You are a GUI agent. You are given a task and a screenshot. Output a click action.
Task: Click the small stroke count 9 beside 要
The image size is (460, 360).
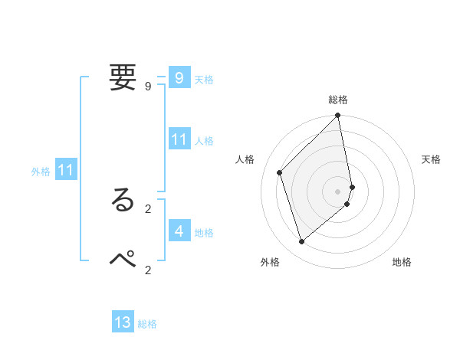[147, 87]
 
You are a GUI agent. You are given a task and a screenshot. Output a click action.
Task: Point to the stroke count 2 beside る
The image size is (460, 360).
[147, 208]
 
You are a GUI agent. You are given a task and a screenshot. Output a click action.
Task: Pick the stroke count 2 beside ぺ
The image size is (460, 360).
[147, 270]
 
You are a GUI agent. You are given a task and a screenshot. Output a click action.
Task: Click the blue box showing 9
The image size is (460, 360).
[179, 78]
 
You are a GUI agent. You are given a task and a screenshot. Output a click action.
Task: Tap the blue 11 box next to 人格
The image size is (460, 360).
[179, 139]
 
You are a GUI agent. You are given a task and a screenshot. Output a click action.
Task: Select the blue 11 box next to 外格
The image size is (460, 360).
[66, 171]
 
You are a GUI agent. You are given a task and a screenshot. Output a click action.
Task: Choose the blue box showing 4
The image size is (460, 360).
[179, 231]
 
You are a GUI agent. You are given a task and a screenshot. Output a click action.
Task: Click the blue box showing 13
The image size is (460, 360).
[123, 322]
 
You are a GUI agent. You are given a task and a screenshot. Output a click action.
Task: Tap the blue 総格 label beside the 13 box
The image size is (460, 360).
[147, 324]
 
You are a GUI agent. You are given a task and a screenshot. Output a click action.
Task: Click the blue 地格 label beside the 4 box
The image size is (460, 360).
[204, 233]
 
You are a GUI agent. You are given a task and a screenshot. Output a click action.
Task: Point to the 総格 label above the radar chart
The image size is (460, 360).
[338, 100]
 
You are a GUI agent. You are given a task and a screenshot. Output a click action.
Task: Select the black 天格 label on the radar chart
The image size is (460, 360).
[431, 159]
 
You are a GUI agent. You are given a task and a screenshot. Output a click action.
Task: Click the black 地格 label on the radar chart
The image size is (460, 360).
[402, 262]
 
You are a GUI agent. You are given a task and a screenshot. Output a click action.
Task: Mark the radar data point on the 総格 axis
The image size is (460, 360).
[338, 116]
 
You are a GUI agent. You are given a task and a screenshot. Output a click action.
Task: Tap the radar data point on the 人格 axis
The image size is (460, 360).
[280, 172]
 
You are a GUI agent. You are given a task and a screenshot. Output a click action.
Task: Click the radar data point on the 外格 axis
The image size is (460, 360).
[302, 242]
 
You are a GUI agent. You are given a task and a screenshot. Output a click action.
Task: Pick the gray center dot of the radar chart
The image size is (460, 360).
[338, 191]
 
